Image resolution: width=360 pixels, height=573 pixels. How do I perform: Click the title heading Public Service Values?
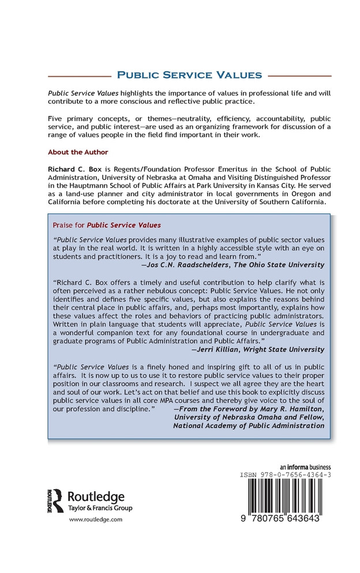tap(190, 75)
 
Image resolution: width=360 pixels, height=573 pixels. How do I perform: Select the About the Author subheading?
tap(78, 152)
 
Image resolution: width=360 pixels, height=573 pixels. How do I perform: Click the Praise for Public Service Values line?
tap(107, 224)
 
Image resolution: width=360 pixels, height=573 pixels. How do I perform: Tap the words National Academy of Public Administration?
tap(248, 426)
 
